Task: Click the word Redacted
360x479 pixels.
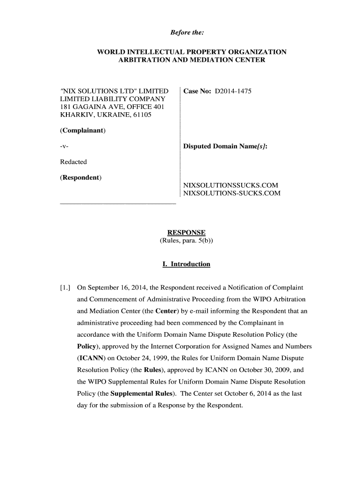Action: point(73,162)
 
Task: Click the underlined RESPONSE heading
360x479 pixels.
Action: point(187,233)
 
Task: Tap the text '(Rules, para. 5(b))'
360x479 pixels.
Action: point(187,241)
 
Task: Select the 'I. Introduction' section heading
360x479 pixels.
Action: point(187,264)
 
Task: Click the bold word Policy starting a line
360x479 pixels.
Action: point(87,346)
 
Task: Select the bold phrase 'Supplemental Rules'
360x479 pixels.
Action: point(144,393)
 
